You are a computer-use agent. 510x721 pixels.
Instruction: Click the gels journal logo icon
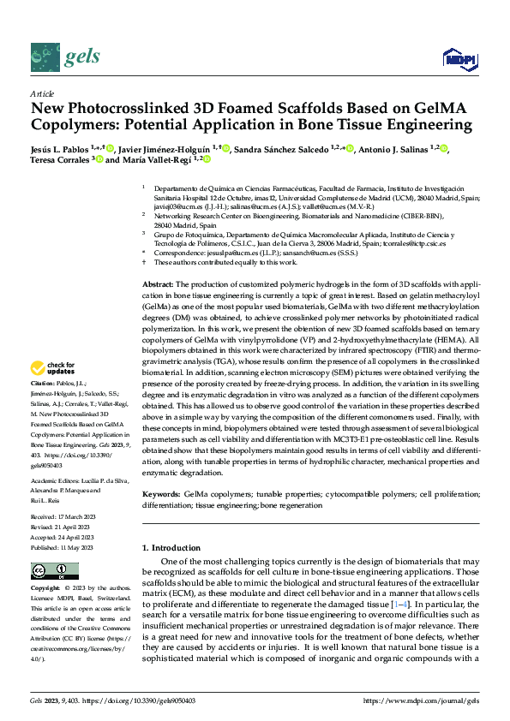coord(45,57)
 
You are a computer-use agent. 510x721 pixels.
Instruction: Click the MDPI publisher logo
coord(457,58)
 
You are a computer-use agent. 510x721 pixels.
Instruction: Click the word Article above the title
coord(42,92)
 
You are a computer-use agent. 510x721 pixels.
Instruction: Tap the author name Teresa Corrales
coord(58,159)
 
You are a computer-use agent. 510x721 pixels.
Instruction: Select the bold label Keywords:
coord(160,494)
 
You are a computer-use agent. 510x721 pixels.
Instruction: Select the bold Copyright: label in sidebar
coord(45,590)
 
